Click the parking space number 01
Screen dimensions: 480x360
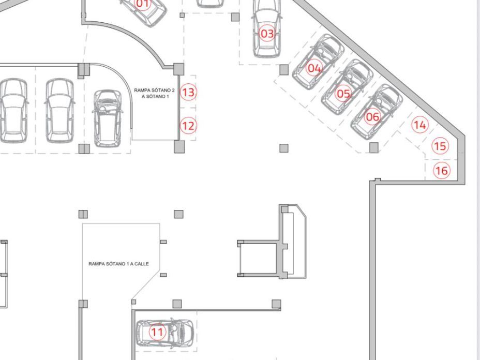pos(143,4)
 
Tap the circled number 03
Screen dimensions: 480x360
pos(267,34)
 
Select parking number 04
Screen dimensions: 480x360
pos(314,68)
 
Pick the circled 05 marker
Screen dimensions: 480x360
pos(343,94)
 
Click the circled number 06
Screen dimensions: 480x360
pos(372,116)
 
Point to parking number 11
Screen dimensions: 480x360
pos(157,332)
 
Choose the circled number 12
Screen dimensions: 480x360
pos(188,126)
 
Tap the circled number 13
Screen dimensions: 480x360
pos(188,92)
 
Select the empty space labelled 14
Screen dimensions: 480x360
pos(419,125)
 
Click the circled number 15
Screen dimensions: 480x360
pos(440,146)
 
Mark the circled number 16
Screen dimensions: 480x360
pos(442,170)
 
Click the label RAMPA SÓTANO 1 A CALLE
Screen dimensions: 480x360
pos(118,264)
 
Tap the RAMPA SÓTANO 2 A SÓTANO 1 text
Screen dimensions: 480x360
pos(154,94)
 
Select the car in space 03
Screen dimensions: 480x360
pos(266,29)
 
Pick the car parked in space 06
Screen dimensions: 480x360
pos(377,112)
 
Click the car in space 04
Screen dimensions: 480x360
pos(319,62)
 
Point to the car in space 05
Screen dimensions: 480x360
pos(348,87)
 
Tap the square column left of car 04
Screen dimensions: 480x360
pos(284,70)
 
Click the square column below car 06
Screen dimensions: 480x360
pos(374,147)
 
